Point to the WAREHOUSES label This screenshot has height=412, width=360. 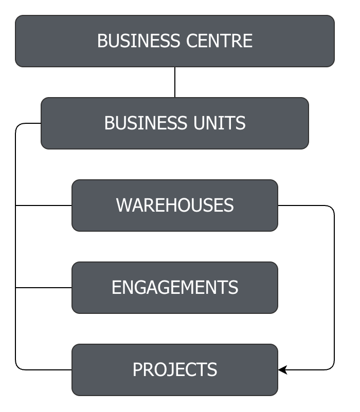pyautogui.click(x=175, y=205)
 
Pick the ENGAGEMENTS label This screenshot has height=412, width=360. pyautogui.click(x=175, y=288)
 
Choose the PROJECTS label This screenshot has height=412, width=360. pyautogui.click(x=175, y=370)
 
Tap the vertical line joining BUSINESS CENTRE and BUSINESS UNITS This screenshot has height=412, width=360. pyautogui.click(x=175, y=82)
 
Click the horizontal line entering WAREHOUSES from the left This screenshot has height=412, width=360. pyautogui.click(x=44, y=205)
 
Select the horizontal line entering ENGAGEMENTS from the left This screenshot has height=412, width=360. pyautogui.click(x=44, y=288)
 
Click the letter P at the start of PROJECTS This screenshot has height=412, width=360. pyautogui.click(x=137, y=370)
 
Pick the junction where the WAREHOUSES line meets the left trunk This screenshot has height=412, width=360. pyautogui.click(x=16, y=205)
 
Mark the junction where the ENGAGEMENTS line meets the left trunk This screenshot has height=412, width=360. pyautogui.click(x=16, y=288)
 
